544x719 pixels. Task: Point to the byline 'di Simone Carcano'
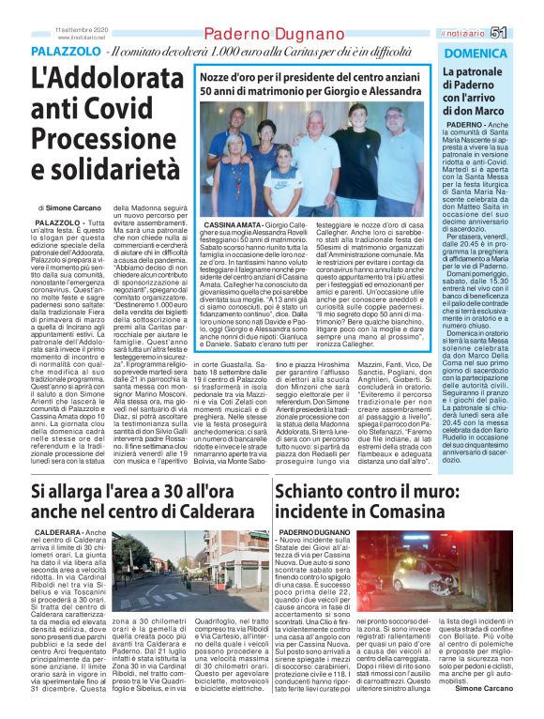(70, 206)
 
